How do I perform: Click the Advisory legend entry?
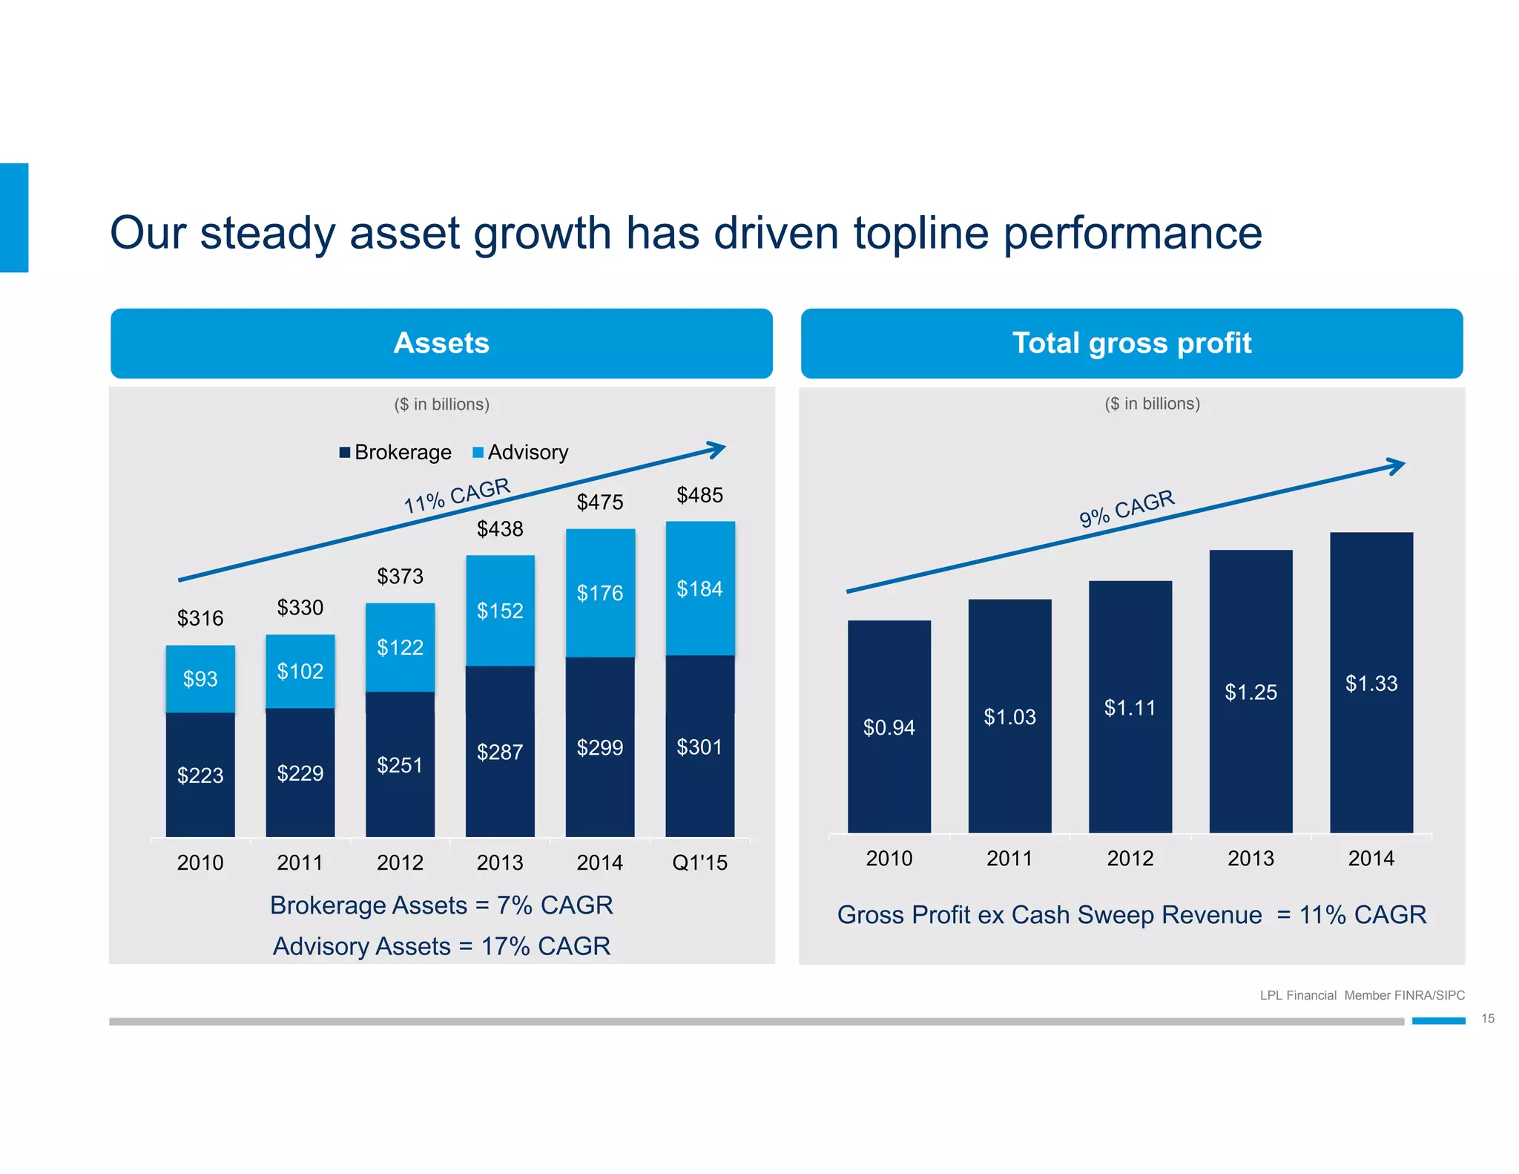[x=521, y=452]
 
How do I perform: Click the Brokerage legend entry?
[x=395, y=452]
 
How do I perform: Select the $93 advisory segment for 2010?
[x=200, y=678]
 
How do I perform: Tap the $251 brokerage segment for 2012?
[x=400, y=764]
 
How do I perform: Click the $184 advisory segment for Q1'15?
[x=699, y=588]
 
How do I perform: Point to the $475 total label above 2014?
[x=600, y=502]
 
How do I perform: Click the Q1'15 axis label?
[x=699, y=862]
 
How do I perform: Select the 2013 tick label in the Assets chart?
[x=500, y=862]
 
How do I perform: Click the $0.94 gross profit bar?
[x=889, y=727]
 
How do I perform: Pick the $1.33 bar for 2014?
[x=1371, y=683]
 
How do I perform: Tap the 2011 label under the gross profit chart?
[x=1009, y=859]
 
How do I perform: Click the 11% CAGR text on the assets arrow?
[x=457, y=496]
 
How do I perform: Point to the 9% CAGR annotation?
[x=1127, y=508]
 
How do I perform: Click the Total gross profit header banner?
[x=1132, y=343]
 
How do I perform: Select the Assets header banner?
[x=441, y=343]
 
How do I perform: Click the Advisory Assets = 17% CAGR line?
[x=441, y=946]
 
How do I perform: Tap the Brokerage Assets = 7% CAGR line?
[x=441, y=905]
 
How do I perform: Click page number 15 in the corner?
[x=1487, y=1018]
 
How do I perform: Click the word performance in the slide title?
[x=1132, y=233]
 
